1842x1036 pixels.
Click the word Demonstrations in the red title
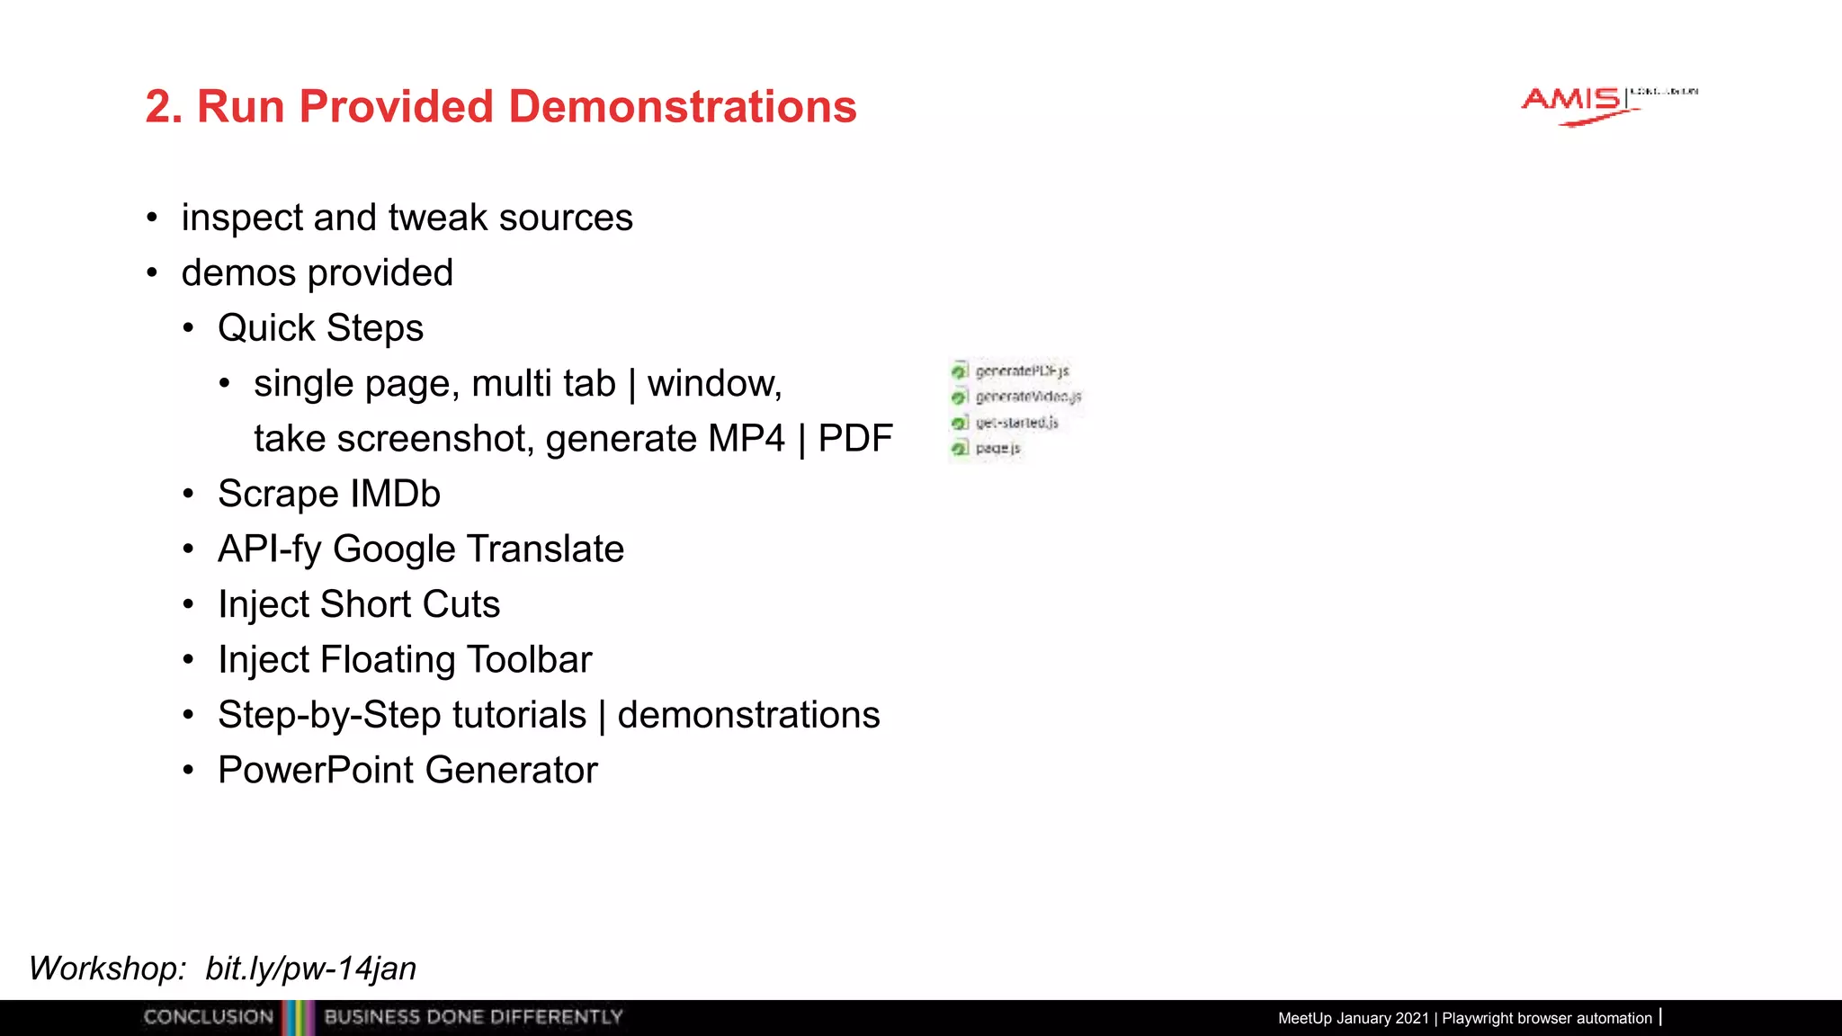[683, 106]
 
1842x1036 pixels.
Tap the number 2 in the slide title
[158, 106]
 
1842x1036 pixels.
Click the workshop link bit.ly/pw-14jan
[310, 969]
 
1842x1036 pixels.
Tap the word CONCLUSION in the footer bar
[209, 1017]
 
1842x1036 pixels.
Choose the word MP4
[746, 439]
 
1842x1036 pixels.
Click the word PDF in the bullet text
[855, 439]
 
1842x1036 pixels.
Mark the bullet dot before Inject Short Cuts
[188, 604]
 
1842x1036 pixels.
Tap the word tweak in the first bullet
[438, 218]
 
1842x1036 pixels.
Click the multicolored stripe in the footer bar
[299, 1017]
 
